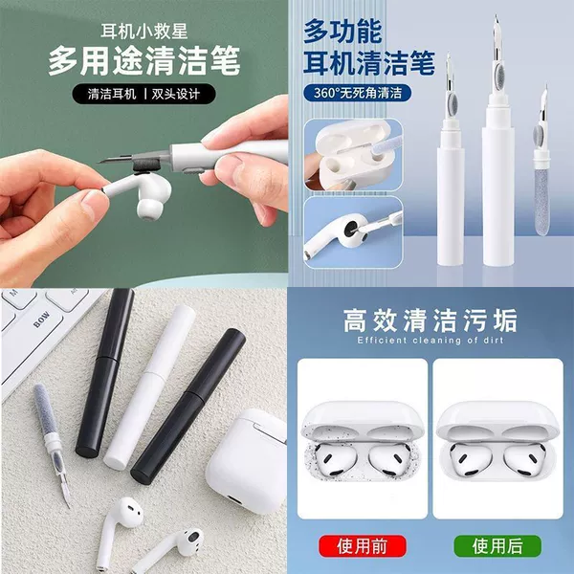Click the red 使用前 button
pyautogui.click(x=363, y=546)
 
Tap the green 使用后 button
pyautogui.click(x=497, y=546)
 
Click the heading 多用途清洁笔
pyautogui.click(x=143, y=61)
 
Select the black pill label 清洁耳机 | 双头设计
pyautogui.click(x=143, y=94)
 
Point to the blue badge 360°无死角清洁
pyautogui.click(x=357, y=93)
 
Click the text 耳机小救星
pyautogui.click(x=143, y=32)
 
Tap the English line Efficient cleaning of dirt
pyautogui.click(x=430, y=340)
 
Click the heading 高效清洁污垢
pyautogui.click(x=430, y=320)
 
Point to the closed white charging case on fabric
pyautogui.click(x=246, y=461)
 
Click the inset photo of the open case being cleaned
pyautogui.click(x=353, y=154)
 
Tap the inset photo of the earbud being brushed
pyautogui.click(x=353, y=232)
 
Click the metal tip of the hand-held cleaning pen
pyautogui.click(x=110, y=160)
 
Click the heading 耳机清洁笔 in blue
pyautogui.click(x=369, y=63)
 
